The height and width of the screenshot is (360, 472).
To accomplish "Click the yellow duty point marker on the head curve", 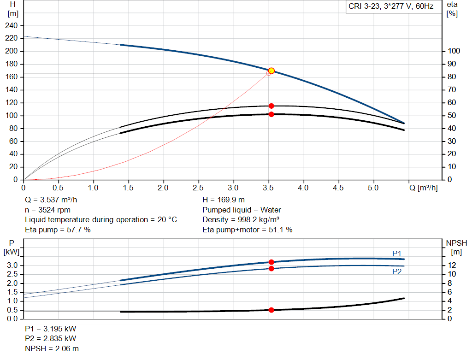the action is [271, 71].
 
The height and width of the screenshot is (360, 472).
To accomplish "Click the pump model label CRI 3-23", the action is [364, 6].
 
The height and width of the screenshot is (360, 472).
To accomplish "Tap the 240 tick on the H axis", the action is [11, 26].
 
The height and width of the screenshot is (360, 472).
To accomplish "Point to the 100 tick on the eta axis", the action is [454, 51].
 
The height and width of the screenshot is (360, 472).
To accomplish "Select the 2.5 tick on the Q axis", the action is [198, 188].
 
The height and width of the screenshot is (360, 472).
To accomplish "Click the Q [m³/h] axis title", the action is [423, 188].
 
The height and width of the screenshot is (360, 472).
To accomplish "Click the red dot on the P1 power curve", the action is [271, 262].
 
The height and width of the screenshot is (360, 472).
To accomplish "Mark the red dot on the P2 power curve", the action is [271, 268].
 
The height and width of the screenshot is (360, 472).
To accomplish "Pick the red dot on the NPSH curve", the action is [271, 310].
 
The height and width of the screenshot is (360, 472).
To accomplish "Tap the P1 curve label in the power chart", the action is [397, 254].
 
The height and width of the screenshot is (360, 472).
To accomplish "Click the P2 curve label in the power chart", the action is [397, 272].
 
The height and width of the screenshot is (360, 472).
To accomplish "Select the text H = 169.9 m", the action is [224, 200].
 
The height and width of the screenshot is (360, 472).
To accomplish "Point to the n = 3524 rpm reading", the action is [47, 210].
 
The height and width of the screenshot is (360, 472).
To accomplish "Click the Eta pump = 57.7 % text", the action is [58, 230].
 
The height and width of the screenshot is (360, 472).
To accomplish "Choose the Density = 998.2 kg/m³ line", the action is [241, 220].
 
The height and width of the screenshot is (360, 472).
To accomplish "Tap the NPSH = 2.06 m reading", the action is [52, 348].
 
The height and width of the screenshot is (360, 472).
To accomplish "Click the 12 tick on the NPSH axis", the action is [452, 265].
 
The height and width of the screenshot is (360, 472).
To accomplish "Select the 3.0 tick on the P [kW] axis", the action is [12, 265].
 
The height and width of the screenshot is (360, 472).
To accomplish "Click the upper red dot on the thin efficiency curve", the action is [271, 106].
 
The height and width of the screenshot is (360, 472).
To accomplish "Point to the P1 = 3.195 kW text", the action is [51, 329].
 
